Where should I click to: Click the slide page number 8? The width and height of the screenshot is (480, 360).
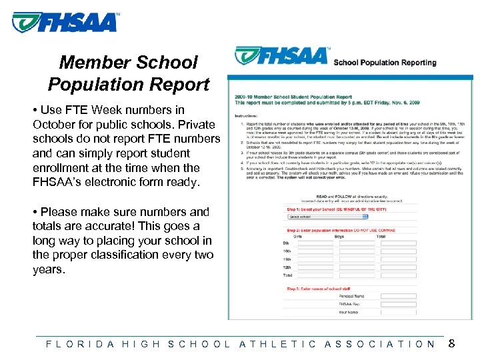(451, 344)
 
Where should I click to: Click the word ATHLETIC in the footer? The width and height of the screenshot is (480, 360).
(277, 344)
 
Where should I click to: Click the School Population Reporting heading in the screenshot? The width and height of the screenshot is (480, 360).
(385, 63)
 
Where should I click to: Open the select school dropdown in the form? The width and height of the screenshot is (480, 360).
(327, 216)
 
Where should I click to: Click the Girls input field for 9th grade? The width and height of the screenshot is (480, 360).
(315, 243)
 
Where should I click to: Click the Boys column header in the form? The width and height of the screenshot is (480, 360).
(339, 236)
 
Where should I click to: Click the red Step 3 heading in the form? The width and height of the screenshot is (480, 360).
(317, 289)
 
